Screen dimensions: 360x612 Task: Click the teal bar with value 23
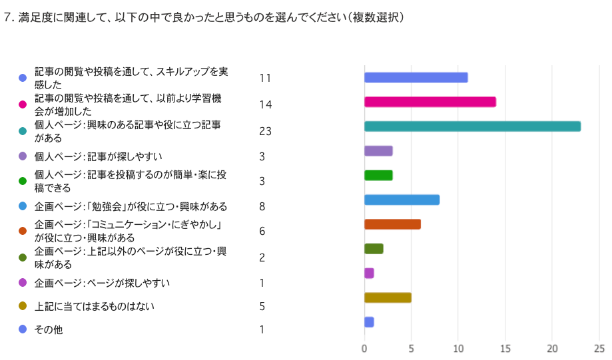coord(472,126)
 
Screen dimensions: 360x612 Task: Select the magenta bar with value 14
coord(430,102)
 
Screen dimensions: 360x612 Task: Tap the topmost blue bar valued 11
coord(416,77)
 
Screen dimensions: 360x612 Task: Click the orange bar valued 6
coord(392,224)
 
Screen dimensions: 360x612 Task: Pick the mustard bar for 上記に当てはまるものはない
coord(388,297)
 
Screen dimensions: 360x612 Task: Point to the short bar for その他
coord(369,322)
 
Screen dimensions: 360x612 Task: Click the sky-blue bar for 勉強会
coord(402,200)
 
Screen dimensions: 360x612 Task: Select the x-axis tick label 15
coord(505,349)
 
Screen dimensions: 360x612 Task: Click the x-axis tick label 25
coord(599,349)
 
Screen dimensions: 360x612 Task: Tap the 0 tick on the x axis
coord(364,349)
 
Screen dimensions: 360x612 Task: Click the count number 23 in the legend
coord(265,132)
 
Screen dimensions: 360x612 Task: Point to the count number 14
coord(265,104)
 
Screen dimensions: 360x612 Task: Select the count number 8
coord(262,207)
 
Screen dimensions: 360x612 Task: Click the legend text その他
coord(49,329)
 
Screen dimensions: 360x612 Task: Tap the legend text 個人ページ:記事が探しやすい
coord(99,156)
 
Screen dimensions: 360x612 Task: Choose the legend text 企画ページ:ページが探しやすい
coord(102,283)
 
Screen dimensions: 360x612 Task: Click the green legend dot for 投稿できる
coord(23,181)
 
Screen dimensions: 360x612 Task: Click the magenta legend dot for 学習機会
coord(23,104)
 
